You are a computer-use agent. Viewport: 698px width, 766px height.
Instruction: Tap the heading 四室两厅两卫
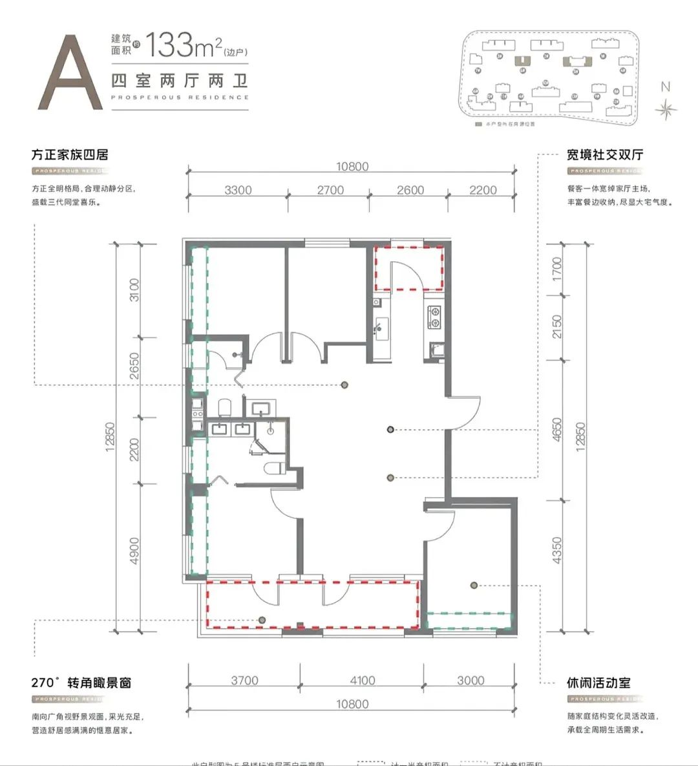(180, 81)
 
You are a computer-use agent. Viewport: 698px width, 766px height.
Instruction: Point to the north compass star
(665, 109)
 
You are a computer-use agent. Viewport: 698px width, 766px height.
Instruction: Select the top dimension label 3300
(238, 190)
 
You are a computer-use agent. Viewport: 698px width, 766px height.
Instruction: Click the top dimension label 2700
(330, 190)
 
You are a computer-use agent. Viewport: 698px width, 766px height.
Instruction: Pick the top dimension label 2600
(410, 190)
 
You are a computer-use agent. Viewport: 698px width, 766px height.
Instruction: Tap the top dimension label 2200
(483, 190)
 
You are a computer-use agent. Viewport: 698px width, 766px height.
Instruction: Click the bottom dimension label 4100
(362, 680)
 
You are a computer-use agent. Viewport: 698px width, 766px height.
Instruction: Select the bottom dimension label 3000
(470, 680)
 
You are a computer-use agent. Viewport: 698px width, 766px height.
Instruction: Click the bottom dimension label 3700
(244, 680)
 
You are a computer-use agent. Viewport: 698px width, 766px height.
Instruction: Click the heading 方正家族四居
(70, 155)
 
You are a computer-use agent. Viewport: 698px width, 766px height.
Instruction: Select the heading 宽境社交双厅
(605, 155)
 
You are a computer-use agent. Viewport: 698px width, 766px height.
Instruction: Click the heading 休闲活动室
(598, 683)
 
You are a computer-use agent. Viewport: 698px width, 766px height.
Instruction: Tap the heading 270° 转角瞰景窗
(81, 683)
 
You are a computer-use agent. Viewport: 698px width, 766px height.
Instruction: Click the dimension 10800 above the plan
(352, 167)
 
